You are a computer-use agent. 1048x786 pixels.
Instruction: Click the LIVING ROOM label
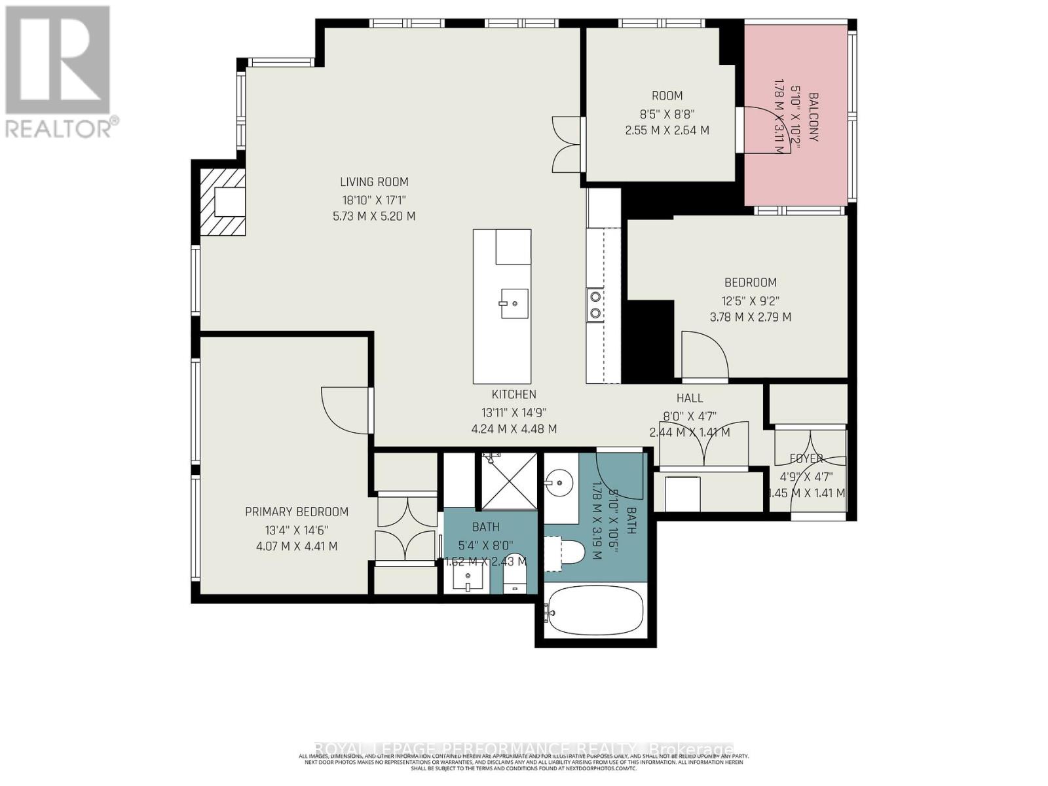[374, 182]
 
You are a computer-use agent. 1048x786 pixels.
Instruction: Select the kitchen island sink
[514, 303]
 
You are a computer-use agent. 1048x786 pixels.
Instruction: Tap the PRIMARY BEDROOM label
[297, 512]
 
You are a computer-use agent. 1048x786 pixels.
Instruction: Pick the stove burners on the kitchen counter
[595, 305]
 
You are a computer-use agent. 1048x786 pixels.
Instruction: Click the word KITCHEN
[514, 394]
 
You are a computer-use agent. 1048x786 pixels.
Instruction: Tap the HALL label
[689, 398]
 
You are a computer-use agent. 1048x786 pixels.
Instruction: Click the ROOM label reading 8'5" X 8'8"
[667, 96]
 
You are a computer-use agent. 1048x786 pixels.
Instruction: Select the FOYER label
[806, 458]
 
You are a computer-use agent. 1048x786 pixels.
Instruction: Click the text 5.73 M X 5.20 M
[374, 216]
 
